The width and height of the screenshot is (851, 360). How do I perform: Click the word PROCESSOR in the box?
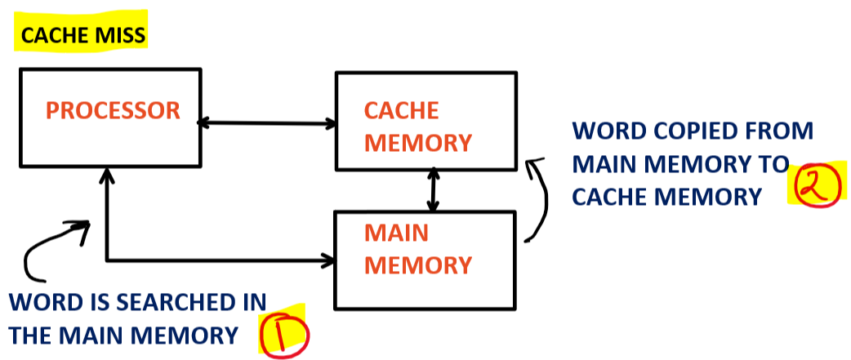coord(113,111)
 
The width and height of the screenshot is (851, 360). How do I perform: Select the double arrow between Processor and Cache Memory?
coord(268,123)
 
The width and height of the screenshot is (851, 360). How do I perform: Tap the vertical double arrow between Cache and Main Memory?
coord(433,190)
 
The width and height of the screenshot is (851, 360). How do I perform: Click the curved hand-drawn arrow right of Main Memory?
coord(540,200)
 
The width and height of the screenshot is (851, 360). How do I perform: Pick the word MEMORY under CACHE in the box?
coord(417,143)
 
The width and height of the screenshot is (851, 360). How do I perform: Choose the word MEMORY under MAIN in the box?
coord(417,265)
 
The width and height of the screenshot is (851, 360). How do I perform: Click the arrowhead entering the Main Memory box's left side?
coord(328,261)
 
